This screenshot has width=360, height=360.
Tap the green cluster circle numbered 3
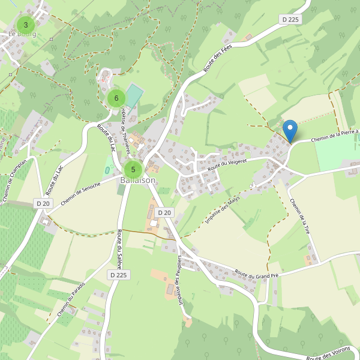point(25,25)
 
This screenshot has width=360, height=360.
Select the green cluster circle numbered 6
point(116,98)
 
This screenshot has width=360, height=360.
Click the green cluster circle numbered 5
point(133,169)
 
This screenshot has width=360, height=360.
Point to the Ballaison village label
point(137,180)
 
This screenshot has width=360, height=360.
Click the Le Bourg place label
point(22,34)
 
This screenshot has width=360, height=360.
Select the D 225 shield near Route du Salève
point(119,274)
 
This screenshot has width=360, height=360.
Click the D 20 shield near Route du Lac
point(43,203)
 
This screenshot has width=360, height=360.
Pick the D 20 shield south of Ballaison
point(164,212)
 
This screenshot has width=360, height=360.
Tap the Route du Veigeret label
point(227,163)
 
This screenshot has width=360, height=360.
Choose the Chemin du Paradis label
point(72,299)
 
